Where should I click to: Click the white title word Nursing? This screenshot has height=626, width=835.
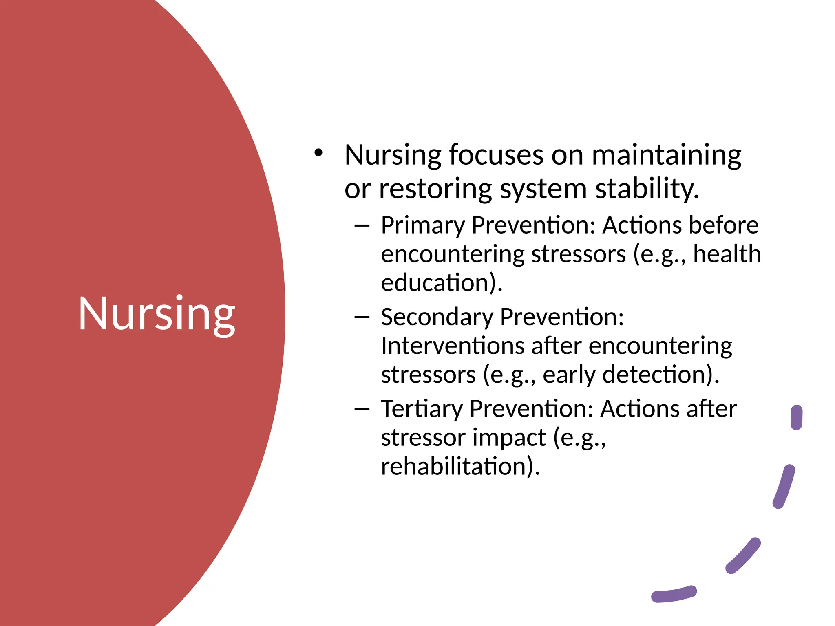(x=157, y=314)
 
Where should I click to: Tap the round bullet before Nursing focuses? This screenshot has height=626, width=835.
(x=318, y=153)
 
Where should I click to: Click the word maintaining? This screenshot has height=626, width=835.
(x=666, y=156)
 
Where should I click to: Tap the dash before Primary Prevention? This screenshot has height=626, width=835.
(x=362, y=225)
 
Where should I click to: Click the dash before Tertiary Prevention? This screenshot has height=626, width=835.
(x=362, y=409)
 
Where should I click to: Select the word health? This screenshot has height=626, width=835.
(x=727, y=254)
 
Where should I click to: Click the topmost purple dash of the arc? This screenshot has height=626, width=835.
(x=796, y=417)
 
